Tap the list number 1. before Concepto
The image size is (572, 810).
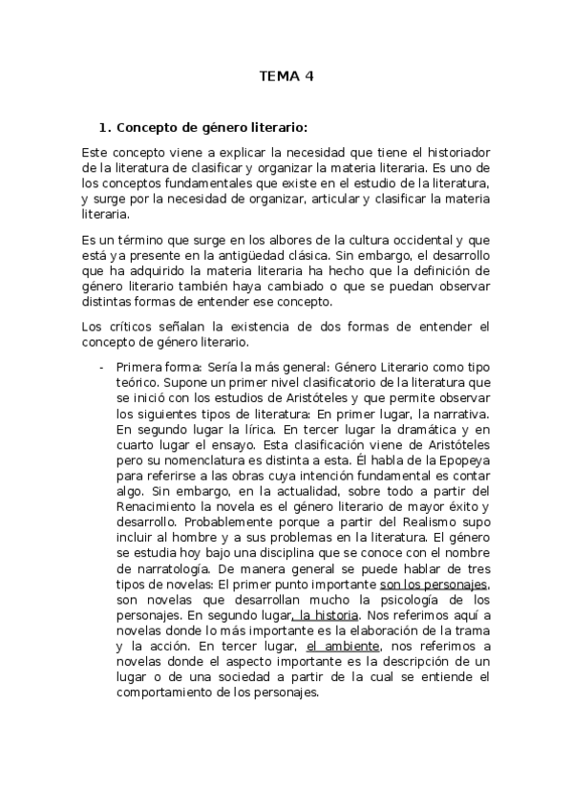coord(106,126)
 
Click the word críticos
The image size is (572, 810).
coord(129,327)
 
